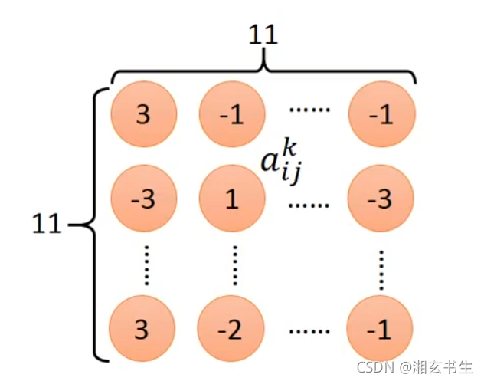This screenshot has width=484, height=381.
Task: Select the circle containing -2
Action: (232, 330)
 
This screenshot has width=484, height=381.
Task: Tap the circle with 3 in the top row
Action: (143, 115)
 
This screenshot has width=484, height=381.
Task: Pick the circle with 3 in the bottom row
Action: (143, 330)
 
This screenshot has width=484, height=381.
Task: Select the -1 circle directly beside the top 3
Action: (232, 115)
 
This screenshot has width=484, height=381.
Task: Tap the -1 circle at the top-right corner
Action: (381, 115)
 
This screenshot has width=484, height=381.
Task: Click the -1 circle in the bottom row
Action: (381, 330)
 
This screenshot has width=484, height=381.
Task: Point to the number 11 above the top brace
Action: (263, 34)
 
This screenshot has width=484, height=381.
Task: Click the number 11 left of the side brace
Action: (47, 225)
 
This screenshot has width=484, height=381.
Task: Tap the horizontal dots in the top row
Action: (309, 110)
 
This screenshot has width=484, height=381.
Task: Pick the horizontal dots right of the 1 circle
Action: (309, 205)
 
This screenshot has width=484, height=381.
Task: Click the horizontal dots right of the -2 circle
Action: (309, 332)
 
